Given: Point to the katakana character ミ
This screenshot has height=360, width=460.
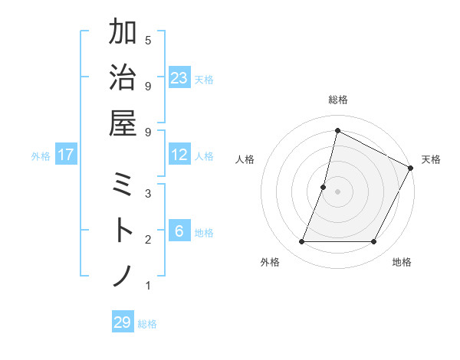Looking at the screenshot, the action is click(x=123, y=186).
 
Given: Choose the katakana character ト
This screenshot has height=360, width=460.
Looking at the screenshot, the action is click(x=123, y=231).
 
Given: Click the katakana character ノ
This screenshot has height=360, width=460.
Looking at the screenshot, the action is click(x=123, y=276).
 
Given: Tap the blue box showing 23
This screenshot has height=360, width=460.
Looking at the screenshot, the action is click(x=179, y=78).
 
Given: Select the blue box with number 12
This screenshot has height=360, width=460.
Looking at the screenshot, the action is click(x=179, y=155).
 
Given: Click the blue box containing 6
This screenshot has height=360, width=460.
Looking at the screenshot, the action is click(x=179, y=231).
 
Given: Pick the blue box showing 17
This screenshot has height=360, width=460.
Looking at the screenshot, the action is click(x=66, y=155).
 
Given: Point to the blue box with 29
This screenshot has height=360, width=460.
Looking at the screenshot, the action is click(x=123, y=322).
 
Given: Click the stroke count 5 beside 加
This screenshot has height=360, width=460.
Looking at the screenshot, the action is click(x=148, y=40).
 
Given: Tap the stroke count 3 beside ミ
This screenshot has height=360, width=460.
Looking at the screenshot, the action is click(x=148, y=193).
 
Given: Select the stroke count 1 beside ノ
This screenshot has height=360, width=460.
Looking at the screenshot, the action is click(x=148, y=286).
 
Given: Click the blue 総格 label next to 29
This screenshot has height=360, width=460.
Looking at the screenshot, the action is click(x=147, y=324).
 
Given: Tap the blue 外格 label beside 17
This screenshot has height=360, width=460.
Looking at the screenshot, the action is click(x=41, y=156).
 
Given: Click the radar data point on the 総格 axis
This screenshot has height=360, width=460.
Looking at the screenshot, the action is click(x=337, y=130).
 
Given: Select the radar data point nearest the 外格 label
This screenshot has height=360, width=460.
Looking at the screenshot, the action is click(x=301, y=242).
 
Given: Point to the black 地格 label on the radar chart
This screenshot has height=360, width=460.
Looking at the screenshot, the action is click(x=402, y=262).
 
